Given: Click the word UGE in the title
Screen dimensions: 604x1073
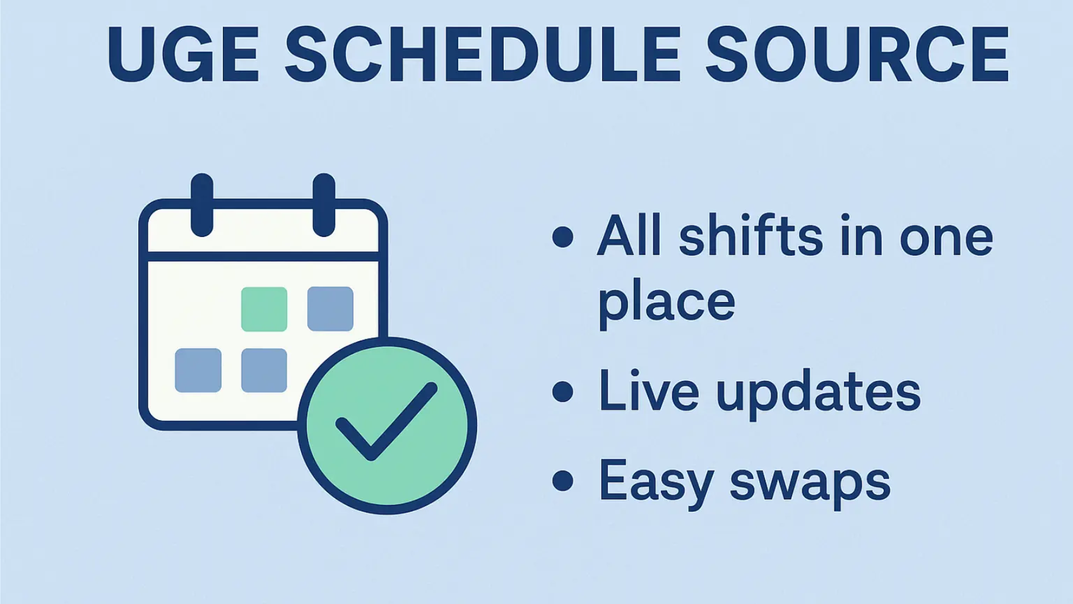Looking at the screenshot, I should click(183, 54).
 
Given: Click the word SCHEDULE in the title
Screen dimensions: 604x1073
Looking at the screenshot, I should click(483, 54).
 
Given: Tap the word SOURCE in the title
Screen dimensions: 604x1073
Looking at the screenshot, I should click(857, 54).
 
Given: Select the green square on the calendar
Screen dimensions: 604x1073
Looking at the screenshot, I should click(264, 309).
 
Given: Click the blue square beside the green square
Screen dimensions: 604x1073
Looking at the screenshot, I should click(330, 309).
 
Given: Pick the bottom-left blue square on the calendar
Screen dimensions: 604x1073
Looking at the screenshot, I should click(198, 370).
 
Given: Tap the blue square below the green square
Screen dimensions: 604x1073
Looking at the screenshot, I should click(264, 370).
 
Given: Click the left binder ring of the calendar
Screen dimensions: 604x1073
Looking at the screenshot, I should click(202, 205).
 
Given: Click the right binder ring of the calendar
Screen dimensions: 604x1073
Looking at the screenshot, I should click(324, 205).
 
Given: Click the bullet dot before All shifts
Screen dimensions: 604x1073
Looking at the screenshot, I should click(562, 237).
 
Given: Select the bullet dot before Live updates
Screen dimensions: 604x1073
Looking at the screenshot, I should click(562, 391).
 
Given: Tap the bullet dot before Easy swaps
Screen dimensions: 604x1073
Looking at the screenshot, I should click(562, 480).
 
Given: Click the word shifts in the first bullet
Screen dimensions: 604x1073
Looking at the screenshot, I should click(751, 236).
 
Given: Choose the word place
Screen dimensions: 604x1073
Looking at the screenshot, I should click(667, 302).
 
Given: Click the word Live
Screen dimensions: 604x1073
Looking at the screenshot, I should click(649, 391).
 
